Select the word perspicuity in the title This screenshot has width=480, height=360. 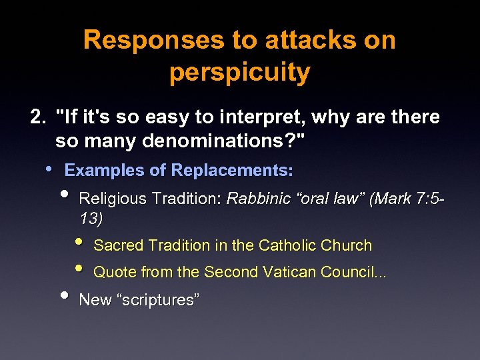(x=239, y=73)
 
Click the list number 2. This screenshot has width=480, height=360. (x=38, y=117)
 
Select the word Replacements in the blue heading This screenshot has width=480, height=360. (x=231, y=171)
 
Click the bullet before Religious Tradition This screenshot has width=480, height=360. (x=64, y=195)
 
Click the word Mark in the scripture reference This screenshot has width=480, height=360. (x=394, y=198)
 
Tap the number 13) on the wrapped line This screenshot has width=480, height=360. (x=91, y=218)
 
